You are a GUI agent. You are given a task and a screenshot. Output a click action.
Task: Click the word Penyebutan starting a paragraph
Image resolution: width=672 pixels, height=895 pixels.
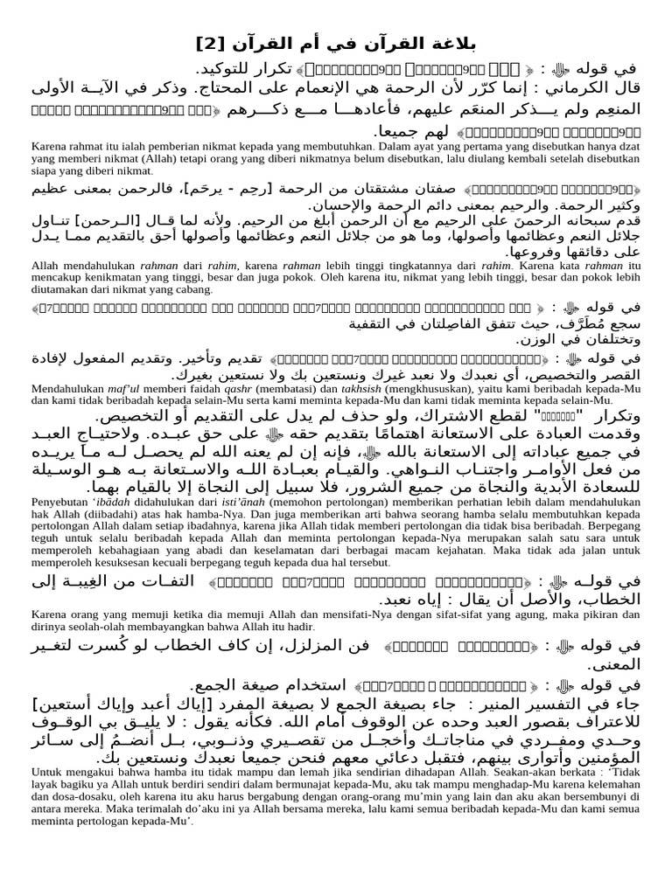point(59,505)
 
